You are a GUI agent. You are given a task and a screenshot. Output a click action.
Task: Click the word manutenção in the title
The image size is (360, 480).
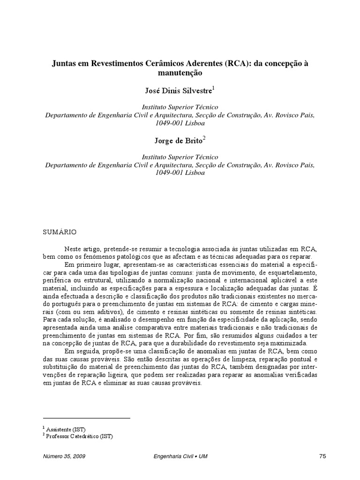point(180,73)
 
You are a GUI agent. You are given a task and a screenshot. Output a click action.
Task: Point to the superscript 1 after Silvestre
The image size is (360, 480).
point(214,88)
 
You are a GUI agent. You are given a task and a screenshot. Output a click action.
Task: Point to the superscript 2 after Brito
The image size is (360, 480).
point(204,138)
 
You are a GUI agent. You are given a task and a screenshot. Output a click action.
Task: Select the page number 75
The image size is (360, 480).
point(322,456)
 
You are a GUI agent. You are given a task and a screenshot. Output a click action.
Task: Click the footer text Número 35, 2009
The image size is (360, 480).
point(64,456)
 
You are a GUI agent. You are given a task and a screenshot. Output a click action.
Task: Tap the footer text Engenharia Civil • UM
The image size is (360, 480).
point(180,456)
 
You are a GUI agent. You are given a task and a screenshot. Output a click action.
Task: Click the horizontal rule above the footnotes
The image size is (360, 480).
point(86,418)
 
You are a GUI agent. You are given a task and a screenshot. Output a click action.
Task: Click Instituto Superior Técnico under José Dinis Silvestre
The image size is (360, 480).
point(180,107)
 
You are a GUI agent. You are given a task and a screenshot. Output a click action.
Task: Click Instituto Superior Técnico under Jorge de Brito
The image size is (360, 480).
point(180,157)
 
